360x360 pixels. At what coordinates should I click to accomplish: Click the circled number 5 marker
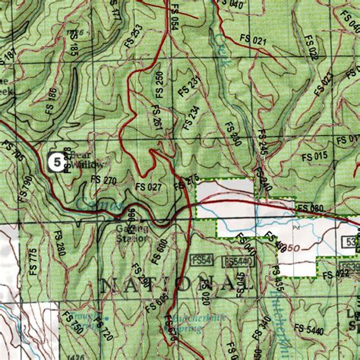[x=54, y=160]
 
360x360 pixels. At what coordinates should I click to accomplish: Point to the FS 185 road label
[x=74, y=50]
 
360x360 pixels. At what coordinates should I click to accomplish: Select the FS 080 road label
[x=311, y=207]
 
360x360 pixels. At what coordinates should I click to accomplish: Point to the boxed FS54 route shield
[x=201, y=260]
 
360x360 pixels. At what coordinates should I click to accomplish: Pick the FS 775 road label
[x=33, y=260]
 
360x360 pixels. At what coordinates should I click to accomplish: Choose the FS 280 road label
[x=60, y=245]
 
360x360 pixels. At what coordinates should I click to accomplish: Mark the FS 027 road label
[x=149, y=186]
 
